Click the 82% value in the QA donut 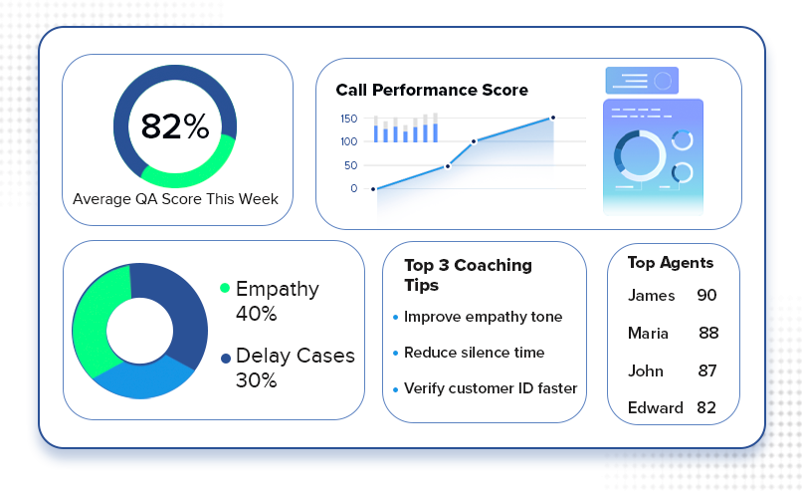(x=175, y=126)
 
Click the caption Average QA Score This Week (x=175, y=198)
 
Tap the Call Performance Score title (x=432, y=90)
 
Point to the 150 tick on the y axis (x=349, y=119)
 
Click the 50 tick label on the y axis (x=351, y=165)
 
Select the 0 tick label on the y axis (x=354, y=188)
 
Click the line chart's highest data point (x=553, y=118)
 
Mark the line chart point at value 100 (x=475, y=141)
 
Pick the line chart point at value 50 (x=448, y=166)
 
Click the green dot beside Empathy (x=225, y=288)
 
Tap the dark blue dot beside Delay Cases (x=226, y=359)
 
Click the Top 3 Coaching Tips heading (x=468, y=275)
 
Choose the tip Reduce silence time (x=475, y=353)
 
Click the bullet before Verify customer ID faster (x=395, y=389)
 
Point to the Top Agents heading (x=670, y=263)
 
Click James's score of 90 (x=706, y=295)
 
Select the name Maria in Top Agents (x=648, y=334)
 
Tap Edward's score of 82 (x=706, y=407)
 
